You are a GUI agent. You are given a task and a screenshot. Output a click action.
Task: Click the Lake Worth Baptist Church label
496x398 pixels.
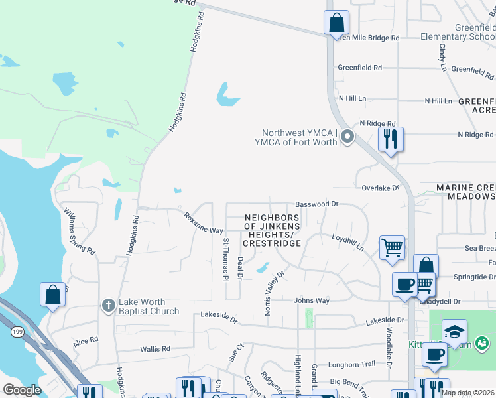click(x=149, y=306)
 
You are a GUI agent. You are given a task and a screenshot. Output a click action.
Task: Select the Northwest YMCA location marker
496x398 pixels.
click(x=347, y=137)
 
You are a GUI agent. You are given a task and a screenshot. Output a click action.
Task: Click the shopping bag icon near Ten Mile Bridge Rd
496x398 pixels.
click(x=336, y=23)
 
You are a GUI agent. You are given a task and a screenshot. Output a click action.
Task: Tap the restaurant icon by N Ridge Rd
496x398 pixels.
click(x=390, y=139)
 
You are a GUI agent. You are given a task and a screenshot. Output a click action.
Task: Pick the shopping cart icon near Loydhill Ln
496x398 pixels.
click(x=392, y=248)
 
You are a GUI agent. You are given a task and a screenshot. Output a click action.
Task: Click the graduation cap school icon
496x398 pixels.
click(x=454, y=332)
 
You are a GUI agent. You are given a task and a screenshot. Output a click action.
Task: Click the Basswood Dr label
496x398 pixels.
click(x=316, y=205)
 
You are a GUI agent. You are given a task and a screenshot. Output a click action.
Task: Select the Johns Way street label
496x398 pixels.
click(x=312, y=300)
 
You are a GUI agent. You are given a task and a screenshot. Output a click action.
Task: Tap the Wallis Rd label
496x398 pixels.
click(x=155, y=348)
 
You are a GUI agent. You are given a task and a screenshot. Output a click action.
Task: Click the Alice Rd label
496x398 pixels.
click(x=86, y=342)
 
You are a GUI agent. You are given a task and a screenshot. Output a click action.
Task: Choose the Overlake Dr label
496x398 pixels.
click(x=380, y=188)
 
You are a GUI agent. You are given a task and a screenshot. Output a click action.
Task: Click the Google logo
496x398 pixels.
click(x=22, y=389)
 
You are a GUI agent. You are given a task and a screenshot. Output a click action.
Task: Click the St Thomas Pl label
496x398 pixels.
click(x=226, y=259)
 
